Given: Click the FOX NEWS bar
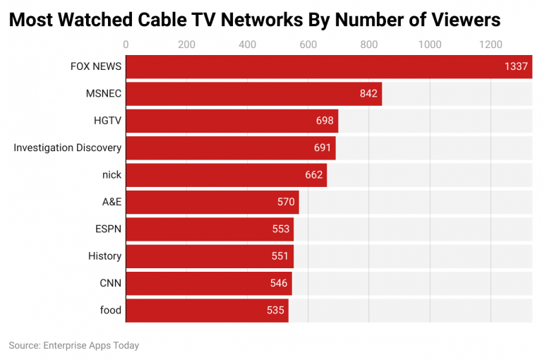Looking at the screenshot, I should [x=328, y=67].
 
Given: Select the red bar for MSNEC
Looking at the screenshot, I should [x=253, y=94].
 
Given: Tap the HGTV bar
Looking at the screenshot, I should [x=231, y=121].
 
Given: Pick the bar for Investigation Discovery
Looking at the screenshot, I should [x=230, y=148].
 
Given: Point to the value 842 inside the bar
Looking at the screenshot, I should [x=368, y=94].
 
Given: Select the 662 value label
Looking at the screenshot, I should [x=313, y=175].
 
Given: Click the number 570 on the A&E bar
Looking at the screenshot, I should [x=286, y=202].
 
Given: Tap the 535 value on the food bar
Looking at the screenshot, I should [x=275, y=310].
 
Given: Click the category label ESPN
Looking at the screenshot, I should [x=108, y=229].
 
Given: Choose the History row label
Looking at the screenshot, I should [x=104, y=256].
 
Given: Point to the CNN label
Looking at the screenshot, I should [x=110, y=283].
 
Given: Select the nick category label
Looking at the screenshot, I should [x=112, y=175].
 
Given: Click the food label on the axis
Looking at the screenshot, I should [x=111, y=310].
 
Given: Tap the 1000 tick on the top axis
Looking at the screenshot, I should [x=430, y=45].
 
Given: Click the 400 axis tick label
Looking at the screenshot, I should [x=248, y=45].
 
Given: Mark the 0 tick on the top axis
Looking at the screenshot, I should [x=126, y=45].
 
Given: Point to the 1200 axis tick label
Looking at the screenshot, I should [x=490, y=45].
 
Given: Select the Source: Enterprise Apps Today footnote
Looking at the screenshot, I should [x=74, y=345].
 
